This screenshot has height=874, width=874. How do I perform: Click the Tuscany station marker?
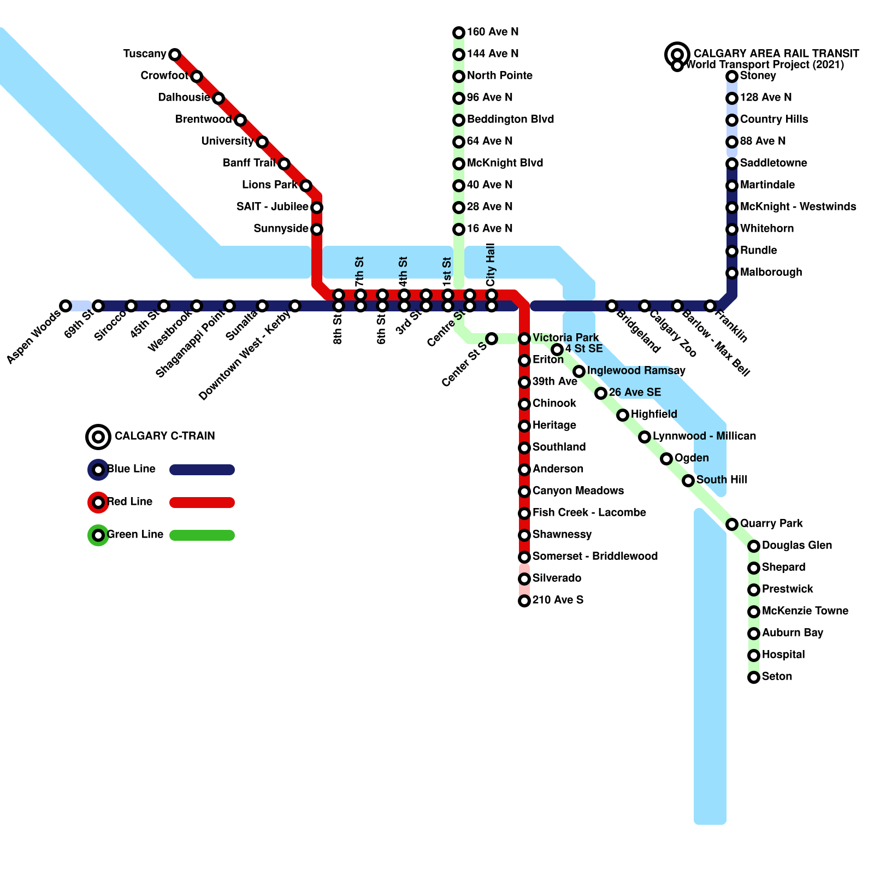click(x=175, y=55)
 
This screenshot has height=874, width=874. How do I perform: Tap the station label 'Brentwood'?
click(x=203, y=120)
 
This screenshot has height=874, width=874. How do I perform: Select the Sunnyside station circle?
click(x=317, y=229)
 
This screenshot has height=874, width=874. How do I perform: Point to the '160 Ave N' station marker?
click(x=459, y=33)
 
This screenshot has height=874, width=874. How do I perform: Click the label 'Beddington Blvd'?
click(x=510, y=120)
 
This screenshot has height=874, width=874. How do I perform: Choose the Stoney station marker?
click(x=732, y=76)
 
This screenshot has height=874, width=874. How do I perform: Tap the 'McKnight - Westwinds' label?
click(x=798, y=207)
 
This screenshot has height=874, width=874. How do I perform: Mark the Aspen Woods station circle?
click(x=66, y=306)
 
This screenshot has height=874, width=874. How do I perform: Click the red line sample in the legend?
click(x=202, y=503)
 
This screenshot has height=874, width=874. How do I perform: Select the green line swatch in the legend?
click(x=202, y=535)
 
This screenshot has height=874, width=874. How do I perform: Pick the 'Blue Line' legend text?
click(x=131, y=469)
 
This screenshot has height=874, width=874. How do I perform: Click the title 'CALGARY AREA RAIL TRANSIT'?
click(x=776, y=54)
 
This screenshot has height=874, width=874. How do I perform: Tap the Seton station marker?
click(x=754, y=677)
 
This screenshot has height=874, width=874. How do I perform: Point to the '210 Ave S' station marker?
click(x=524, y=601)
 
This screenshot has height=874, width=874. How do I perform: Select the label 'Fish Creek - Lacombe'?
click(x=589, y=513)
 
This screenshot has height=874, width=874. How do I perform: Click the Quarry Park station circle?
click(x=732, y=524)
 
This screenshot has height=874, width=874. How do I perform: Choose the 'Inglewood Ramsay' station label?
click(x=636, y=371)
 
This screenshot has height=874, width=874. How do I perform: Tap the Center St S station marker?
click(x=492, y=339)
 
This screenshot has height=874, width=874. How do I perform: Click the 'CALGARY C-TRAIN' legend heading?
click(x=164, y=436)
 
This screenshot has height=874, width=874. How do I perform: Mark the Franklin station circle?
click(x=710, y=306)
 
